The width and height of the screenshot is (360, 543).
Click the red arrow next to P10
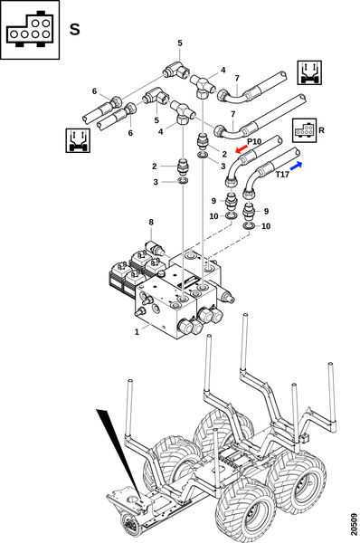(x=242, y=149)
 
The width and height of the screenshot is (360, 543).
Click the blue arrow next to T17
(x=296, y=166)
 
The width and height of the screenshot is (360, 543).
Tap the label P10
(x=254, y=141)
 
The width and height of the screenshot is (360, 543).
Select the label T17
(x=282, y=175)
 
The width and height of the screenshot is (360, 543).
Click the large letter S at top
(x=75, y=30)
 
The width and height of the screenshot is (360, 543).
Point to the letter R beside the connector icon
(x=321, y=130)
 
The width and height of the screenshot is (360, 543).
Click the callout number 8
(x=151, y=222)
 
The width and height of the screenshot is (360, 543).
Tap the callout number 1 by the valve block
(x=137, y=332)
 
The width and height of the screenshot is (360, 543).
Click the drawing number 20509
(x=353, y=524)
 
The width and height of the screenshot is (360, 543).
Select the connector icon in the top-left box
(x=30, y=30)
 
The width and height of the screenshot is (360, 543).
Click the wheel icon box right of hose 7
(x=309, y=72)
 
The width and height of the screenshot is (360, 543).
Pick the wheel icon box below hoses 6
(x=78, y=140)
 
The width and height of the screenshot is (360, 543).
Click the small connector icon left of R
(x=304, y=130)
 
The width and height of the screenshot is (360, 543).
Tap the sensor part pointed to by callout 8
(x=155, y=249)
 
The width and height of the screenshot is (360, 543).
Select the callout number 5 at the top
(x=180, y=43)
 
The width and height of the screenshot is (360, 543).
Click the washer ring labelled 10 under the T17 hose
(x=249, y=226)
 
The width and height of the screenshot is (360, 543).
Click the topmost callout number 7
(x=237, y=78)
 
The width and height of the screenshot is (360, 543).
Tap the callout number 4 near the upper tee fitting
(x=223, y=71)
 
